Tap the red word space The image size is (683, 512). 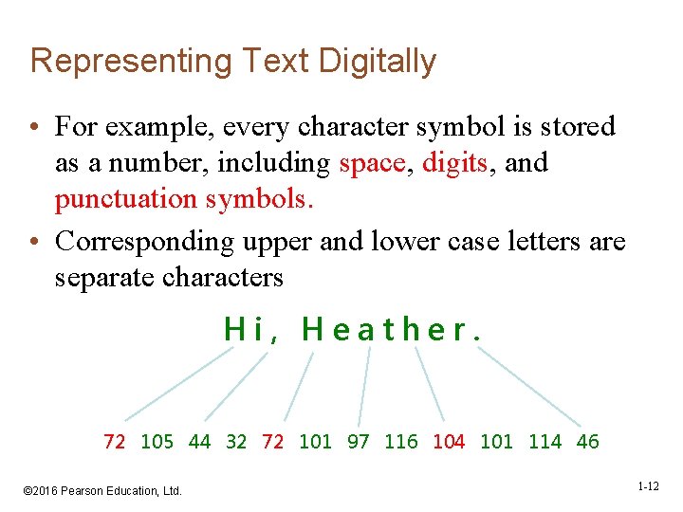click(x=372, y=163)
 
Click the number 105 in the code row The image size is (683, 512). click(x=157, y=442)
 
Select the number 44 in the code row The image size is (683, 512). click(x=199, y=442)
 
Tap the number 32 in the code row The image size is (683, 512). click(x=236, y=442)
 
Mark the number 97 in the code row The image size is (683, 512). click(x=358, y=442)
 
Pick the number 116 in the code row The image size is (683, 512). click(x=400, y=442)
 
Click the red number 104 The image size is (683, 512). click(x=449, y=442)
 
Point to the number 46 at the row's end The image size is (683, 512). click(x=587, y=442)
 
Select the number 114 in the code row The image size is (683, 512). click(x=545, y=442)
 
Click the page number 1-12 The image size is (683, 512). click(x=648, y=486)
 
